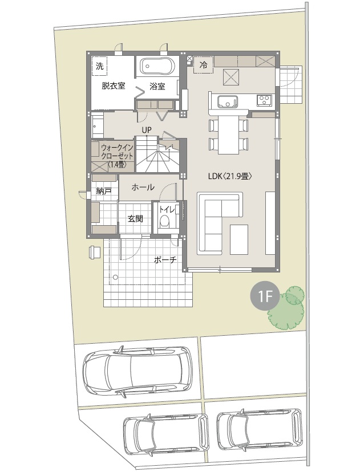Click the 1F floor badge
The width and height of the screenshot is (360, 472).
pyautogui.click(x=265, y=297)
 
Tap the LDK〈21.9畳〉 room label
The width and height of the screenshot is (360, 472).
pyautogui.click(x=230, y=176)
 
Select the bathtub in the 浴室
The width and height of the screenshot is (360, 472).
pyautogui.click(x=157, y=66)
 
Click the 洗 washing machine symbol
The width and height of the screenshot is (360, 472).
pyautogui.click(x=99, y=66)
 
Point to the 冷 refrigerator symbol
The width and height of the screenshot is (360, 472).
pyautogui.click(x=204, y=64)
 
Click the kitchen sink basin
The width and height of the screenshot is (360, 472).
pyautogui.click(x=228, y=101)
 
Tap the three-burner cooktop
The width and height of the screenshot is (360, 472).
pyautogui.click(x=265, y=100)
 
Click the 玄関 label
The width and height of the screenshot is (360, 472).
pyautogui.click(x=135, y=219)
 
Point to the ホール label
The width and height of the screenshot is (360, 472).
pyautogui.click(x=143, y=187)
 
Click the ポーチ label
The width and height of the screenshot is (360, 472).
pyautogui.click(x=165, y=260)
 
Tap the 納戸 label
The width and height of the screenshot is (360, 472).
pyautogui.click(x=104, y=191)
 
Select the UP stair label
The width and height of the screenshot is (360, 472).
pyautogui.click(x=147, y=130)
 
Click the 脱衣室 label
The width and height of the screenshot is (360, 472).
pyautogui.click(x=114, y=86)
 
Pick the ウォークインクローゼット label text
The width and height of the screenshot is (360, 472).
pyautogui.click(x=116, y=156)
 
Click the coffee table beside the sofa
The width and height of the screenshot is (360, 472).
pyautogui.click(x=239, y=239)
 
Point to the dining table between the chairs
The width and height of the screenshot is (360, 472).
pyautogui.click(x=228, y=135)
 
